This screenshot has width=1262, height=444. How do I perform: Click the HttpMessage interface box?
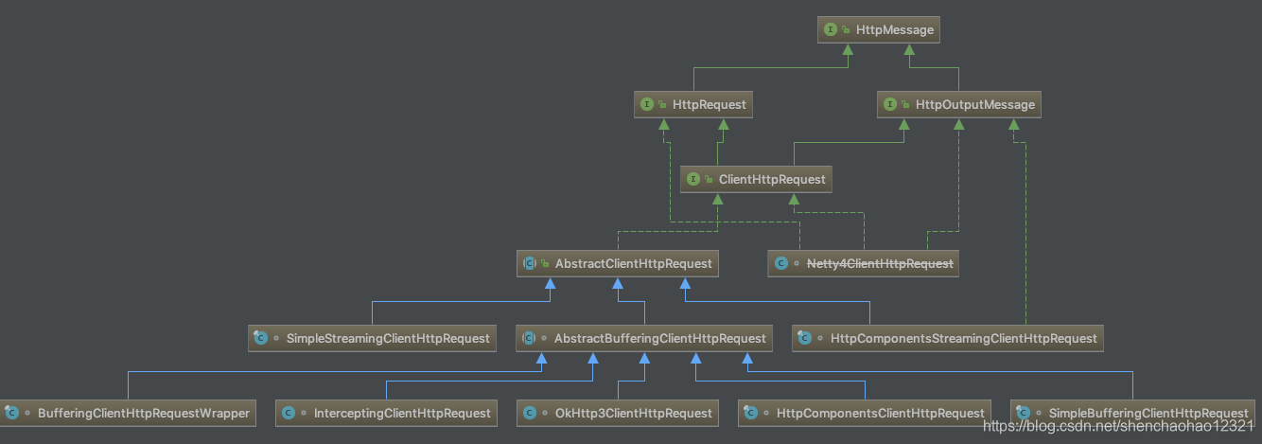coord(879,30)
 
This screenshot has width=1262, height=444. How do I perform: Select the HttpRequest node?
coord(693,104)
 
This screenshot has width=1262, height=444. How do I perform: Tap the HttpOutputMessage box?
coord(958,104)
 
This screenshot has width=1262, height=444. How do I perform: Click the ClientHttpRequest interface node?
coord(757,179)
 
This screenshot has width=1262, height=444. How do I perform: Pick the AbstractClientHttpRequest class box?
coord(618,263)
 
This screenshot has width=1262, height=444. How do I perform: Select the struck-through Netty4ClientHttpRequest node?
coord(863,263)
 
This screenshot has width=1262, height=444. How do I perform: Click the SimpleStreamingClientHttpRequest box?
coord(373,338)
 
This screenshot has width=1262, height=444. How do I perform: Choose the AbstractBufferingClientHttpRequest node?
coord(644,338)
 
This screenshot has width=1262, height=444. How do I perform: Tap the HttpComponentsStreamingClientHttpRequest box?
coord(948,338)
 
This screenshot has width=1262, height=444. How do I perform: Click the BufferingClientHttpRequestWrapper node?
coord(128,413)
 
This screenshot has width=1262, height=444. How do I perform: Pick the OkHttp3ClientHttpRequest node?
coord(618,413)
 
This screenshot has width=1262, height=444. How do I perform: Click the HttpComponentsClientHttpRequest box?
coord(865,413)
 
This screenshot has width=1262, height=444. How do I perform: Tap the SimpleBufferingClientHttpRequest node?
coord(1132,413)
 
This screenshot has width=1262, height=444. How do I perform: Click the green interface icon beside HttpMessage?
coord(831,30)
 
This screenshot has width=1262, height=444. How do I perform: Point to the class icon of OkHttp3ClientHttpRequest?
coord(530,413)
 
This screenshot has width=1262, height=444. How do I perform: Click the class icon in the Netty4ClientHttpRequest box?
coord(780,263)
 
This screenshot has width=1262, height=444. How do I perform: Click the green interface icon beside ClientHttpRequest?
coord(693,179)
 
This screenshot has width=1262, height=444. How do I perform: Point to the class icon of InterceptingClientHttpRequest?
coord(289,413)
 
